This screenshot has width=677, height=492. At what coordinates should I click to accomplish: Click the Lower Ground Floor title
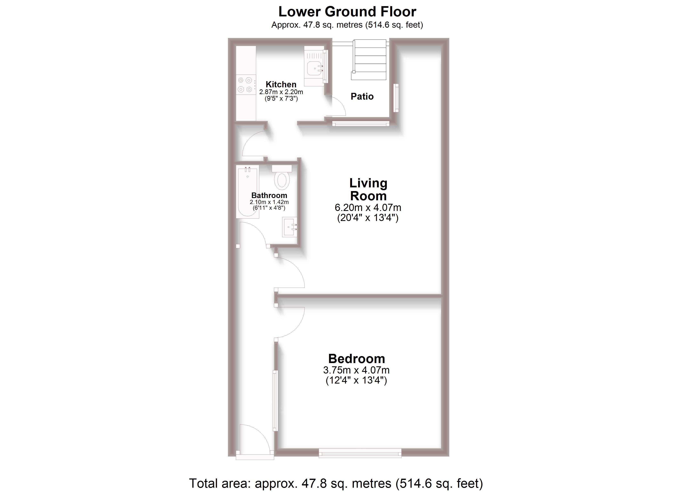click(347, 12)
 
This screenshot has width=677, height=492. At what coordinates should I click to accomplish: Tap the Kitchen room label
click(281, 84)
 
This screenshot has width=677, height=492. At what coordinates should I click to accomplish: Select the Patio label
click(362, 96)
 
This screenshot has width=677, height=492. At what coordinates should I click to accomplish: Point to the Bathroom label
click(269, 195)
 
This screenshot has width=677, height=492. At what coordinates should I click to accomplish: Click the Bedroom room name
click(356, 359)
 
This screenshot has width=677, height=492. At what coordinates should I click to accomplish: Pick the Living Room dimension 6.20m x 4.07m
click(368, 207)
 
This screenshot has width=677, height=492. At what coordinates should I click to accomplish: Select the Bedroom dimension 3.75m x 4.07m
click(356, 370)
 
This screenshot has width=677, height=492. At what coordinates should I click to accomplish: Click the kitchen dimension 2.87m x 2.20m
click(281, 92)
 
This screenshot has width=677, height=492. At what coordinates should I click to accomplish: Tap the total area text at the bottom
click(336, 483)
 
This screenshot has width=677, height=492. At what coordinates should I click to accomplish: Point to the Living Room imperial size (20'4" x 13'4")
click(368, 218)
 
